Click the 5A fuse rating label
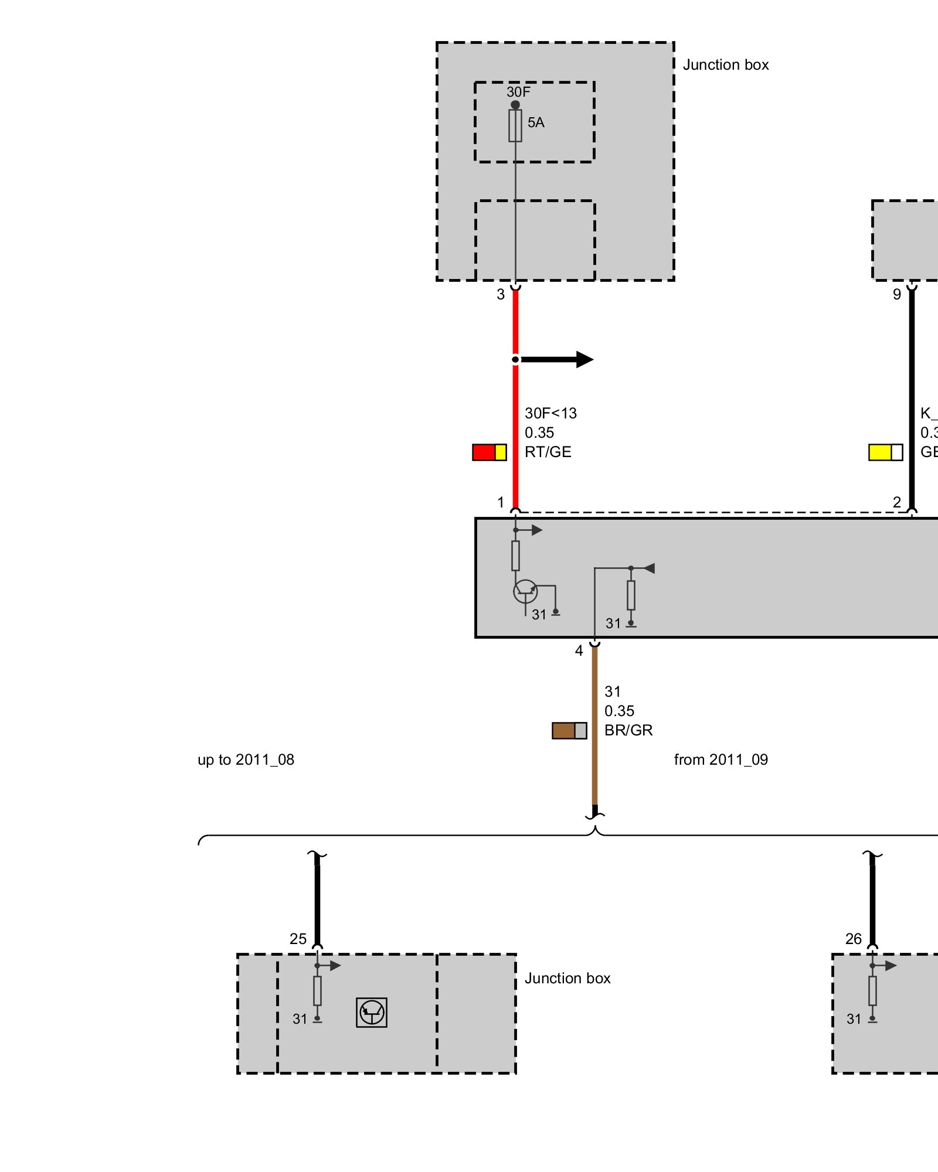click(x=536, y=122)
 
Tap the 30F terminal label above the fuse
click(x=518, y=92)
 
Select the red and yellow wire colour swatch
click(x=490, y=452)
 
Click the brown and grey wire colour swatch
click(x=569, y=731)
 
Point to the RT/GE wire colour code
click(x=548, y=452)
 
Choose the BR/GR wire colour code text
click(x=628, y=730)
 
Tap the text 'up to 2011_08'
click(x=246, y=759)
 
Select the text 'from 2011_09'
click(x=721, y=759)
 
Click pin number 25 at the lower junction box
click(x=298, y=939)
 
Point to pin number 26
click(x=853, y=939)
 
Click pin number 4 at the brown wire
click(x=579, y=650)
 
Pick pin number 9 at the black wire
click(x=896, y=294)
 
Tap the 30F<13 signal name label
click(x=550, y=413)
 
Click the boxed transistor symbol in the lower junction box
click(x=372, y=1012)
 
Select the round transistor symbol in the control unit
click(x=525, y=591)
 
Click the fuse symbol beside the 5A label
click(x=515, y=125)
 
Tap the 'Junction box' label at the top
click(x=726, y=64)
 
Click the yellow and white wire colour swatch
click(x=885, y=452)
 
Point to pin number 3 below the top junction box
click(x=501, y=294)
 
